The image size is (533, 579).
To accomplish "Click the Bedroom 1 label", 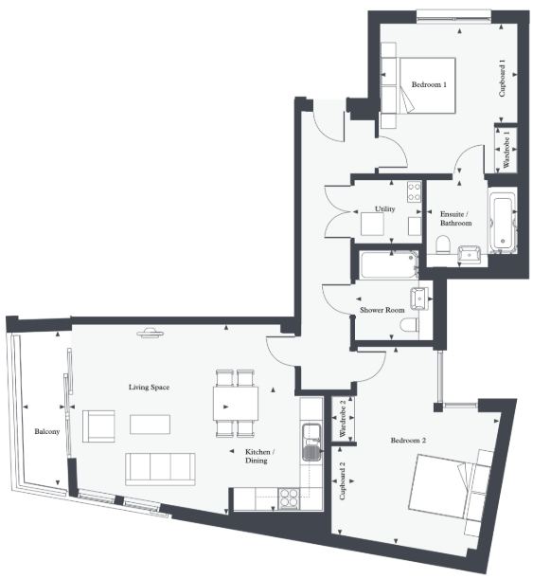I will pos(428,85).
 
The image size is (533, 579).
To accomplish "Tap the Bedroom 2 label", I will pos(408,441).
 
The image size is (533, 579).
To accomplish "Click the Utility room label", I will pos(384,208).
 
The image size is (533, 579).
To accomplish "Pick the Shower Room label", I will pos(381,310).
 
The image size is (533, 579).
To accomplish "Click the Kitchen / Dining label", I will pos(259,456).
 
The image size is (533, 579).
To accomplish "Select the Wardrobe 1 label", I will pos(506,149).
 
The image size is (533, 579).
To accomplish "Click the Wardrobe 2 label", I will pos(342,418).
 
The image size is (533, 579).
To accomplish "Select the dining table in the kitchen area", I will pos(237,403).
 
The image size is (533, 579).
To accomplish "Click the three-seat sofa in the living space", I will pos(160,468).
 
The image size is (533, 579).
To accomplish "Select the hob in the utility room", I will pos(414,191).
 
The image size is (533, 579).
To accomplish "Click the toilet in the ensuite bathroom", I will pos(443,246).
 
